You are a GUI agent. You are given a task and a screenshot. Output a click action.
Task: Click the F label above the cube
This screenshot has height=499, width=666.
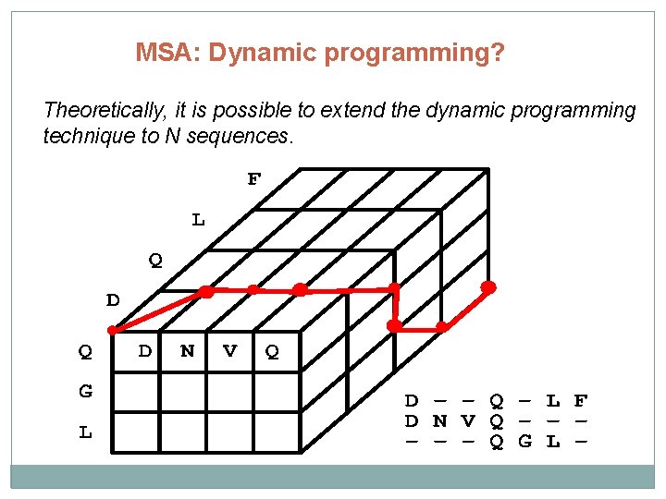pyautogui.click(x=253, y=178)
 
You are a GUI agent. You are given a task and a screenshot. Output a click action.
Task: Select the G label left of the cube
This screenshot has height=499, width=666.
pyautogui.click(x=85, y=391)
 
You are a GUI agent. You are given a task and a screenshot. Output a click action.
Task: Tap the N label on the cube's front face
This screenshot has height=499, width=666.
pyautogui.click(x=188, y=351)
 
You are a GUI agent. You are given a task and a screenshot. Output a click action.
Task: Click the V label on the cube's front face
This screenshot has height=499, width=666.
pyautogui.click(x=230, y=351)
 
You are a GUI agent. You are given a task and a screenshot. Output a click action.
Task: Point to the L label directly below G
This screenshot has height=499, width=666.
pyautogui.click(x=85, y=432)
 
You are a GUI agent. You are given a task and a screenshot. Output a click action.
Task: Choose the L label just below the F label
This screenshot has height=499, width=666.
pyautogui.click(x=198, y=220)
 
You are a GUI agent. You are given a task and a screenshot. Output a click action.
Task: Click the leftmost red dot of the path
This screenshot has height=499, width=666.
pyautogui.click(x=113, y=329)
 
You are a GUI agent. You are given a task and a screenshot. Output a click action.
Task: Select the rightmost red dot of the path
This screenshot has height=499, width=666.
pyautogui.click(x=488, y=287)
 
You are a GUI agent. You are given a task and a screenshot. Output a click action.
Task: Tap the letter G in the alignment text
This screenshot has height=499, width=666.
pyautogui.click(x=525, y=442)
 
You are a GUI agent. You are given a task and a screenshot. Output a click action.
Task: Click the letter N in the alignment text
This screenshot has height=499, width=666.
pyautogui.click(x=440, y=421)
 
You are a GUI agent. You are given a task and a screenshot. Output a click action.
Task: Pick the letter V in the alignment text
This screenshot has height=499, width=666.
pyautogui.click(x=468, y=421)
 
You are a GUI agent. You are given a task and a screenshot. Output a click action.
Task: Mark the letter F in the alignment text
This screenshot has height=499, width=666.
pyautogui.click(x=581, y=401)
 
